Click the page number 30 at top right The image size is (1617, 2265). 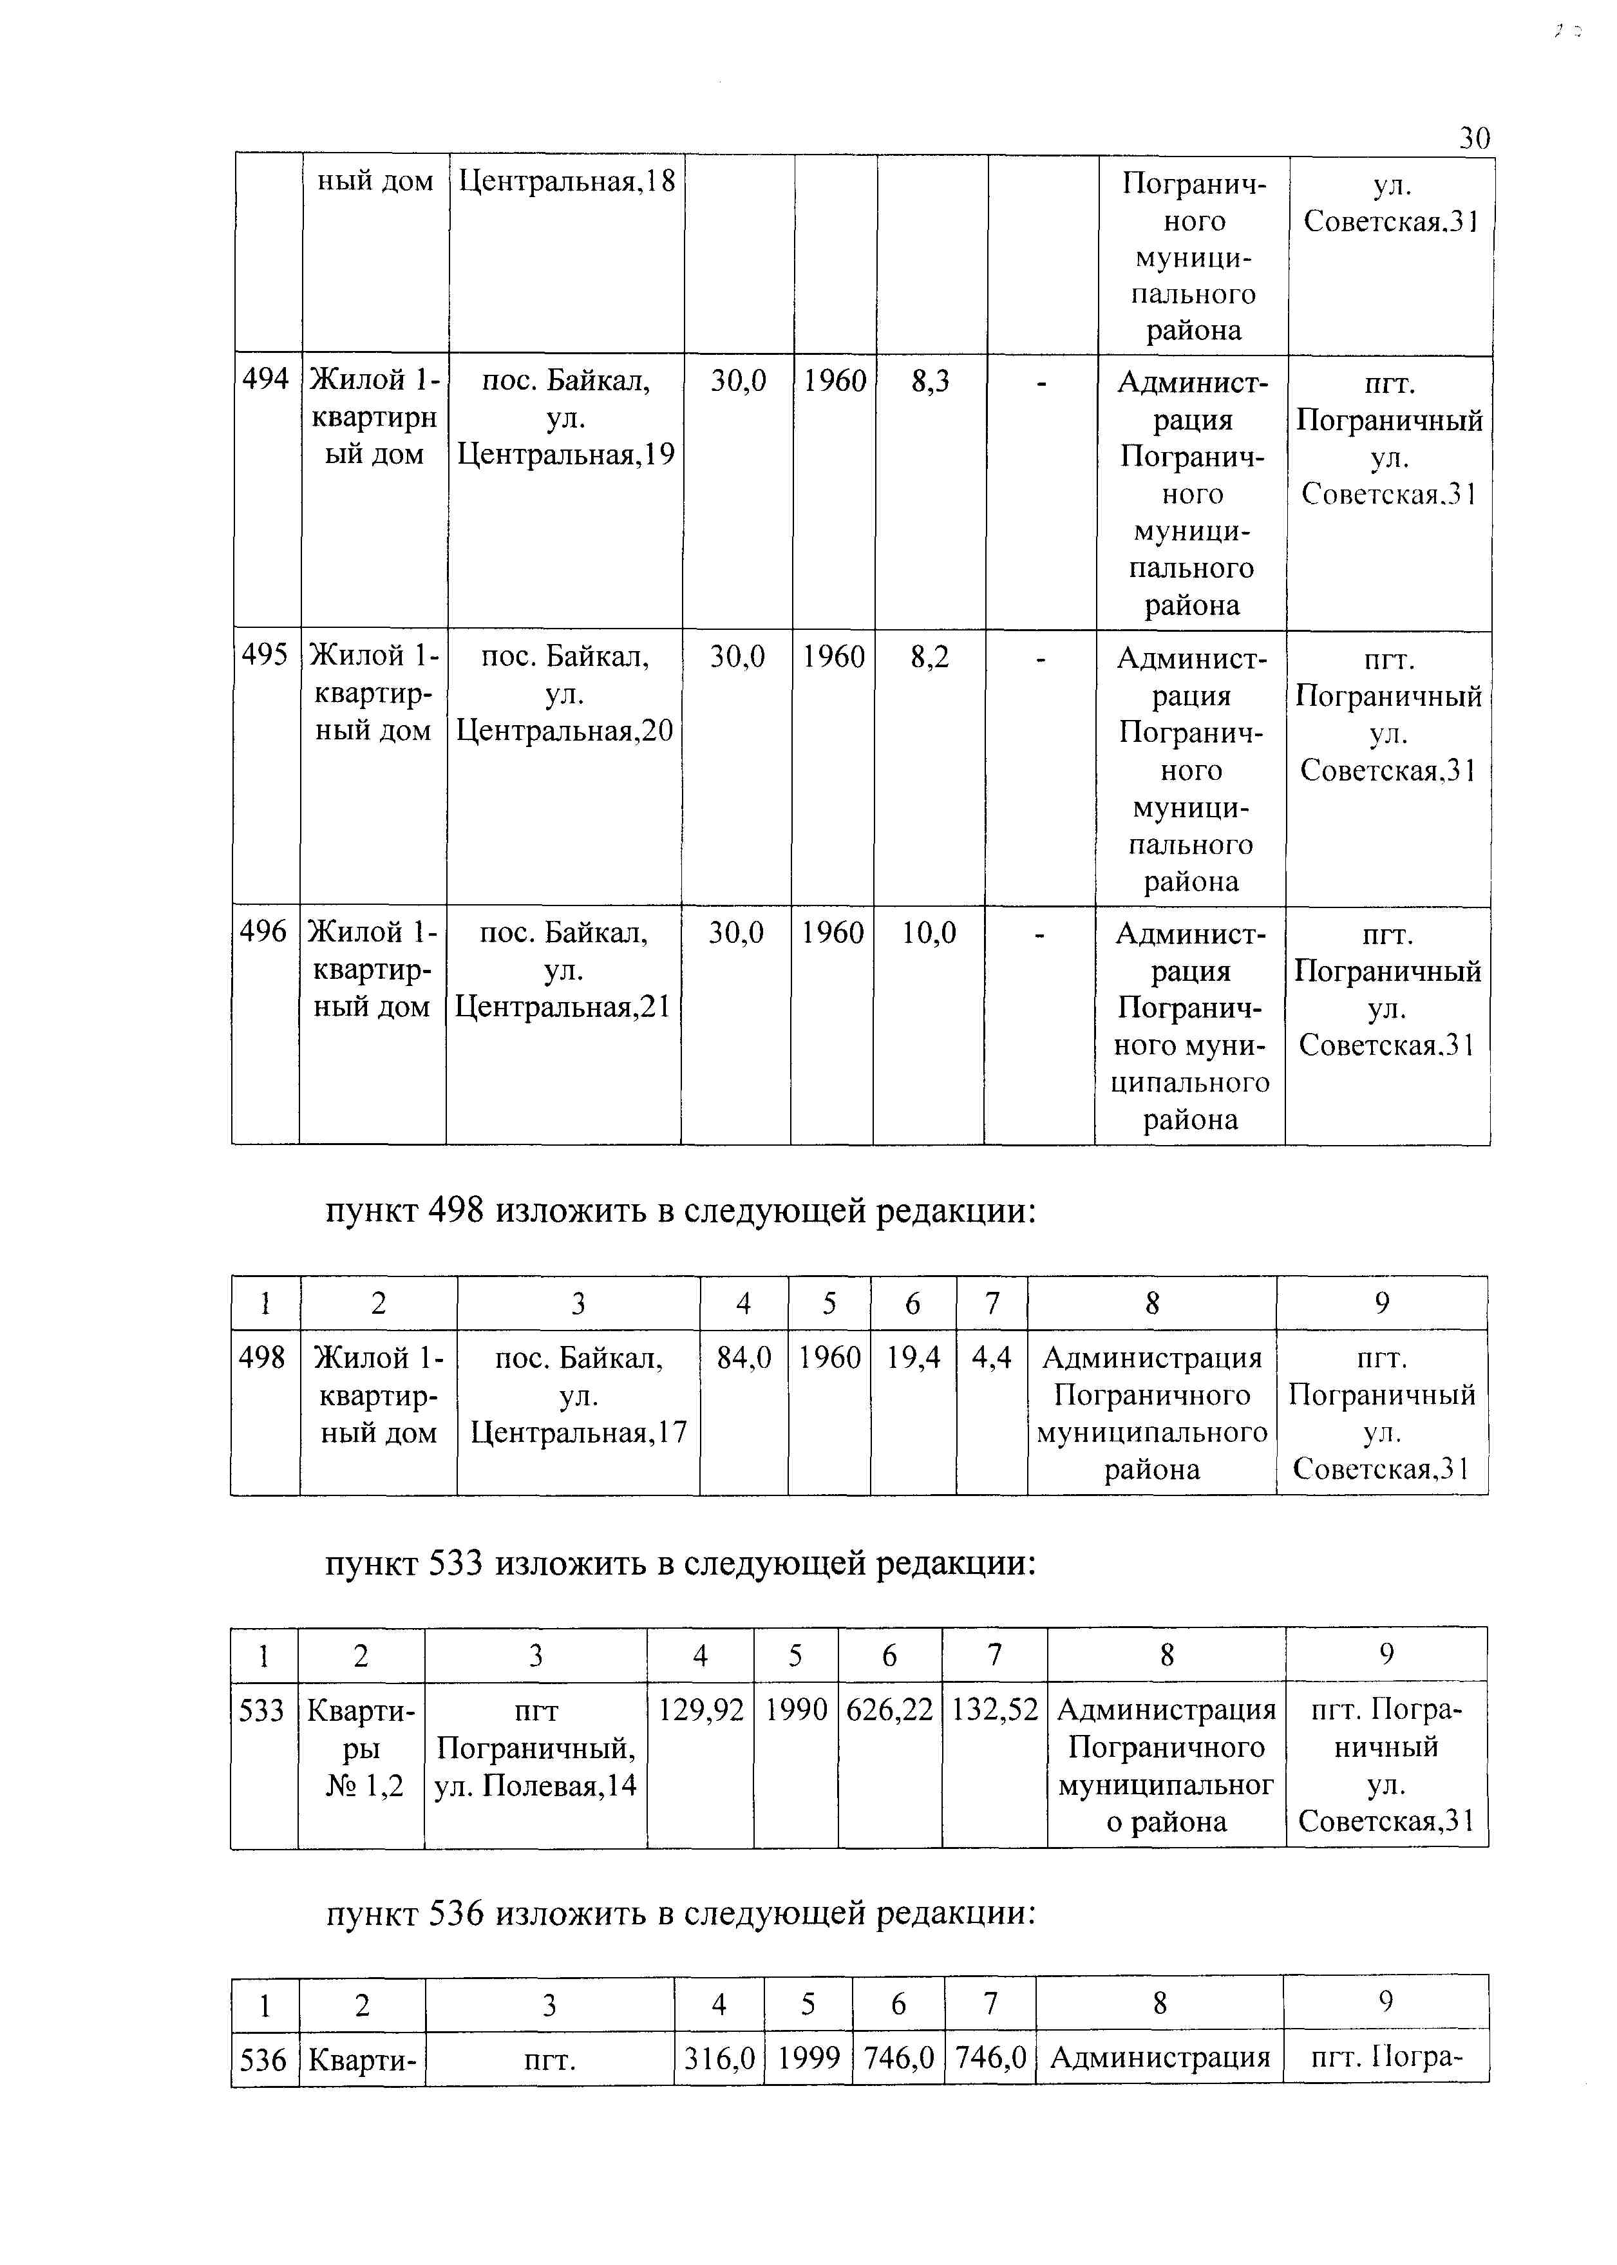coord(1475,138)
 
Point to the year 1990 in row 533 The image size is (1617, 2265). coord(797,1711)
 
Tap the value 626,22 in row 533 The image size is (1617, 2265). coord(890,1711)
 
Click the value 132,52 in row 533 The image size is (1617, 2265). coord(995,1711)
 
